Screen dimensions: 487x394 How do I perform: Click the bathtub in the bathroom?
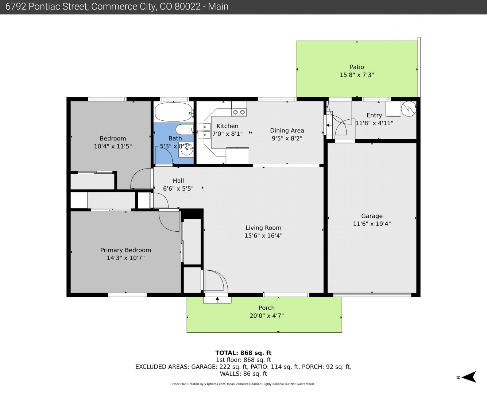(x=174, y=112)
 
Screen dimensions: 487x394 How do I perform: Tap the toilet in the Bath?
(x=185, y=130)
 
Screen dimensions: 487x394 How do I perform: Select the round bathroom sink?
(x=186, y=149)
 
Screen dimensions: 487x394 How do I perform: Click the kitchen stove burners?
(x=239, y=112)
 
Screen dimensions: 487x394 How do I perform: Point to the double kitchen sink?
(x=204, y=131)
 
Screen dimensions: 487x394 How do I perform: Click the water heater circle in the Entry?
(x=409, y=109)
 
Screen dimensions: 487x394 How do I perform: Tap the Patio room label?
(x=357, y=67)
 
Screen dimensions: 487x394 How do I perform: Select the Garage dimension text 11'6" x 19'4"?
(x=372, y=224)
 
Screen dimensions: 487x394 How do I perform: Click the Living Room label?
(x=263, y=228)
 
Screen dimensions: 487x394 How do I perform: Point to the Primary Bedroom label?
(x=125, y=250)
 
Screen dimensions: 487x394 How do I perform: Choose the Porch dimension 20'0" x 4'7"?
(x=267, y=316)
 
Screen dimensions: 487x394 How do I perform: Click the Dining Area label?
(x=287, y=130)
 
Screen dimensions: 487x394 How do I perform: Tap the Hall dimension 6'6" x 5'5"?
(x=178, y=188)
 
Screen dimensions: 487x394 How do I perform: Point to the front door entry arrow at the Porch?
(x=217, y=299)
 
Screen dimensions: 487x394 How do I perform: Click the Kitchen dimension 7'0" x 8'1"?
(x=227, y=134)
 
